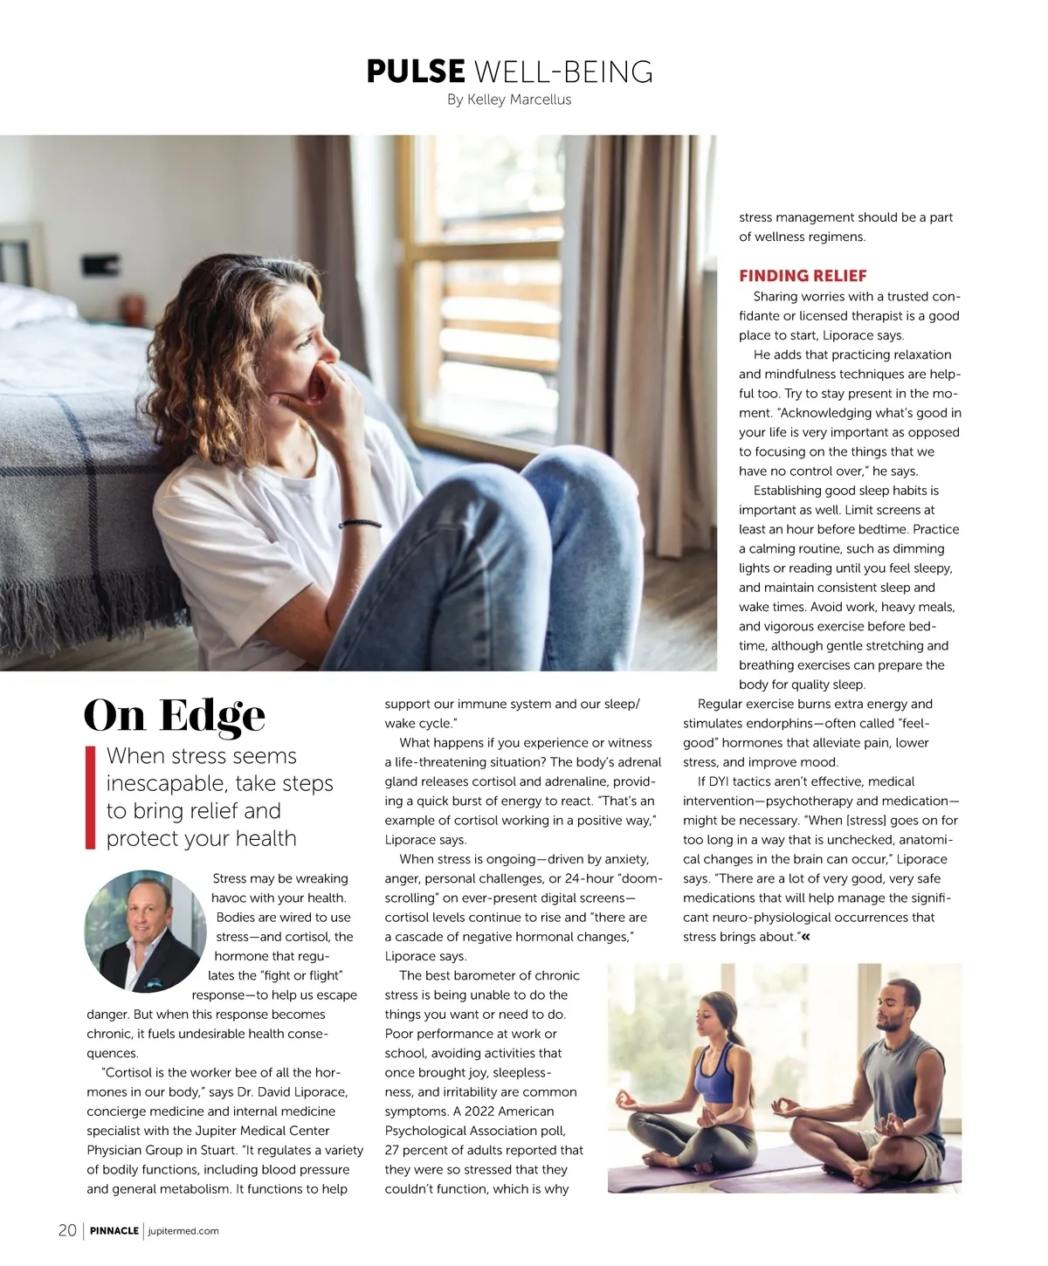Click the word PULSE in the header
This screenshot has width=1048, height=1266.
(416, 71)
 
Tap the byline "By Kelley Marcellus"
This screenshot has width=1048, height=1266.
(509, 100)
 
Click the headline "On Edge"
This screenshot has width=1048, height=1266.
(175, 716)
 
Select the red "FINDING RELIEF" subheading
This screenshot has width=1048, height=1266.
(803, 276)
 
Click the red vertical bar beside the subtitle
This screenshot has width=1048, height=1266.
(90, 797)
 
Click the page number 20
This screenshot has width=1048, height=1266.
(67, 1230)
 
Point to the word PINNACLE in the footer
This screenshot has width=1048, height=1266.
(114, 1231)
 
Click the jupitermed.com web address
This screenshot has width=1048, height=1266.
(183, 1231)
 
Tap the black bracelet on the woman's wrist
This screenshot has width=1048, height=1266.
(360, 524)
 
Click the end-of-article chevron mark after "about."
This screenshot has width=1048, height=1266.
(805, 937)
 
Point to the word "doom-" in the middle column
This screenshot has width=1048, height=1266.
(639, 878)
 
